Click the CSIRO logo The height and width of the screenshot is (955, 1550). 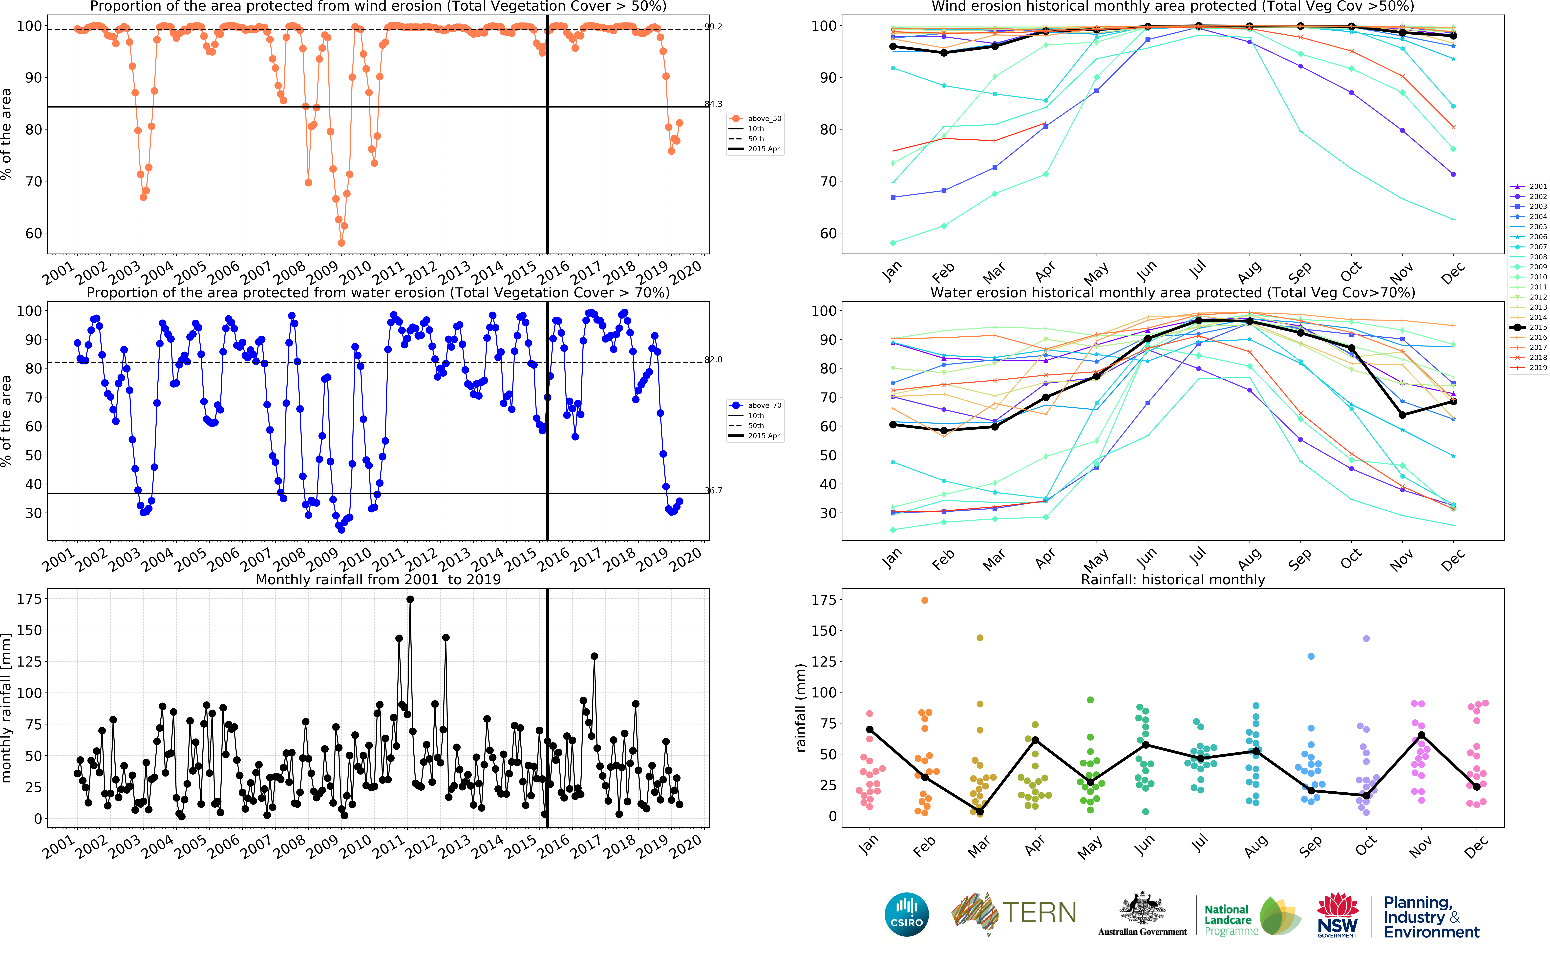point(907,914)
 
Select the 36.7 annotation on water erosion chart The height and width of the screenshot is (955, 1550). point(713,490)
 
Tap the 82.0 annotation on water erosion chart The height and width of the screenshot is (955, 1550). point(713,359)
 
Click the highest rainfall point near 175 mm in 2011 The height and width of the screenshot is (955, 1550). point(410,599)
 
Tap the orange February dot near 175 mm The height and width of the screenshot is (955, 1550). point(925,600)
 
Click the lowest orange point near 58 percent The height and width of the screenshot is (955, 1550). point(341,242)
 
